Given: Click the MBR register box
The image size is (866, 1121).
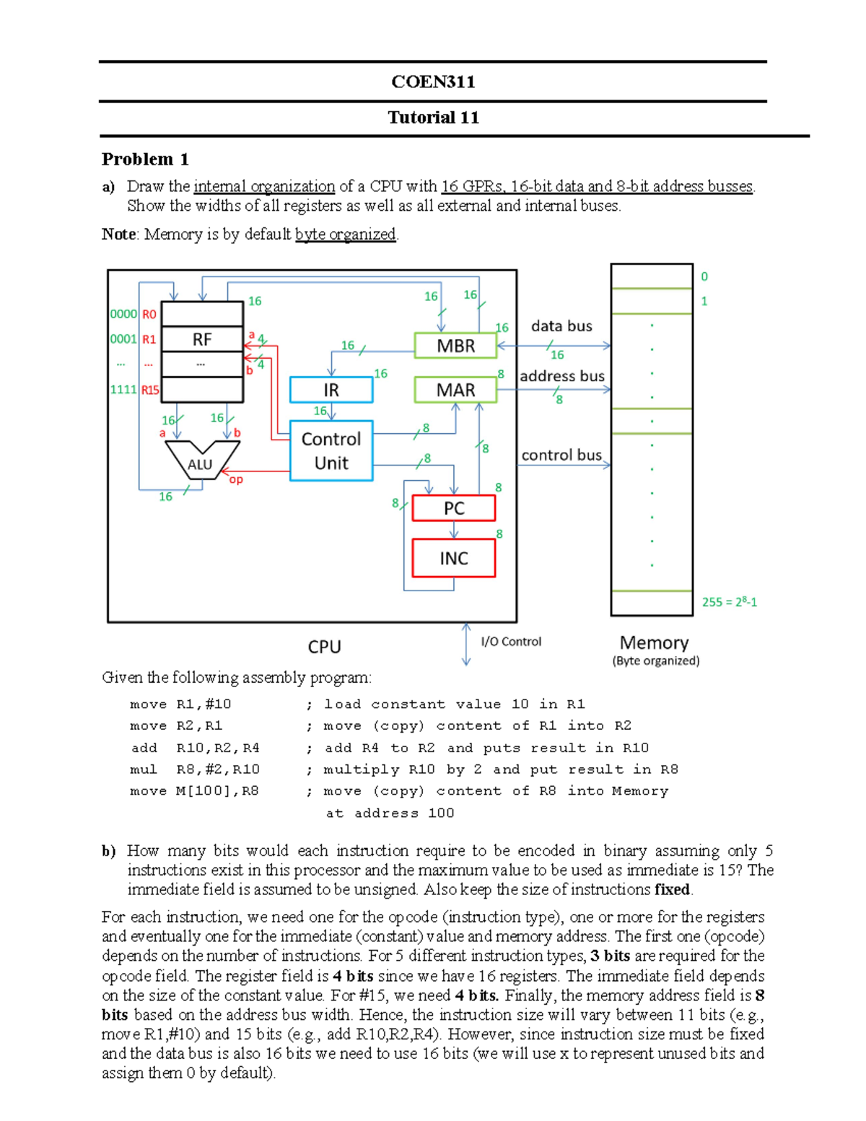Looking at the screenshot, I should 455,346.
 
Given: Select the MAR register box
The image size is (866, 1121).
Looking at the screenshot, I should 455,390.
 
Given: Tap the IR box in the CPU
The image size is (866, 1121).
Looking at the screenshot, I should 331,390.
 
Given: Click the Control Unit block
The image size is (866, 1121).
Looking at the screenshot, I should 331,451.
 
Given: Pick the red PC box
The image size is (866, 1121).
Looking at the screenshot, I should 454,508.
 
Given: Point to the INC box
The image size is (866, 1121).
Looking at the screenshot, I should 454,558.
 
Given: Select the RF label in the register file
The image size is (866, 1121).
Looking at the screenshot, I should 202,339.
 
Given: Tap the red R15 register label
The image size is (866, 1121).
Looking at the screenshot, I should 150,390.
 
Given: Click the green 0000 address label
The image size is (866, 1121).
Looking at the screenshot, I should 123,314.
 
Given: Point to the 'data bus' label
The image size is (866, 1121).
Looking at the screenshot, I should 561,326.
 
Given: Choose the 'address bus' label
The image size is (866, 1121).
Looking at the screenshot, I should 562,376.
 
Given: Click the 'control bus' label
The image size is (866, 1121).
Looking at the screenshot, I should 561,455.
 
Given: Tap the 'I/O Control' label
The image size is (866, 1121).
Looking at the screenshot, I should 511,641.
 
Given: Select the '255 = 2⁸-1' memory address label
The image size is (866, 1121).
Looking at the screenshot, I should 730,601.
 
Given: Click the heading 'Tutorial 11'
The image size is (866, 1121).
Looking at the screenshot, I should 433,118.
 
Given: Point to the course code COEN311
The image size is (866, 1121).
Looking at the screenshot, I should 433,82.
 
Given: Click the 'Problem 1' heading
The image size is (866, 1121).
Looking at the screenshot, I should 145,159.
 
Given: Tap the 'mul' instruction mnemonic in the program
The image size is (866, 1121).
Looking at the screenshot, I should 143,769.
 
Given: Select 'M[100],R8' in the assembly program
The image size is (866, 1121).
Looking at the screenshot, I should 217,791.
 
